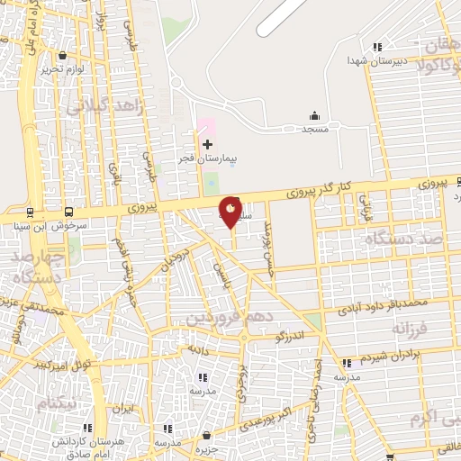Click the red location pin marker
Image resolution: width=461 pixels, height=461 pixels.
coord(230,211)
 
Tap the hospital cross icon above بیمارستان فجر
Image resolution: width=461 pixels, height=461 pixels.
coord(208,144)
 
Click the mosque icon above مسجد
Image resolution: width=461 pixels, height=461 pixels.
coord(314,115)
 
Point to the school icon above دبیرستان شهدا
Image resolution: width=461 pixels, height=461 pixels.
coord(377,47)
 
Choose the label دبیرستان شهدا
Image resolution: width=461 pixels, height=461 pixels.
coord(378,60)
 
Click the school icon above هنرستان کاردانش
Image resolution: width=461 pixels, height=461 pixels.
coord(87,429)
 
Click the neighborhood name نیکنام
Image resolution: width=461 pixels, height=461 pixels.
coord(59,402)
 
